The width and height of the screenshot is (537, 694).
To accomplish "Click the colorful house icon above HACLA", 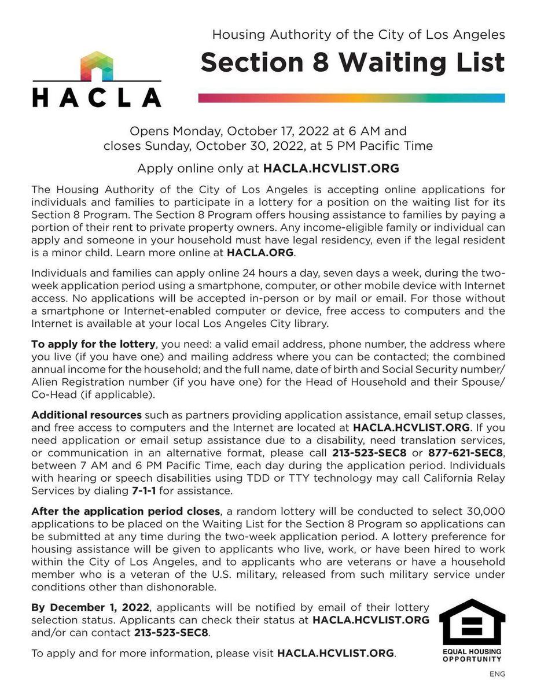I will [97, 65].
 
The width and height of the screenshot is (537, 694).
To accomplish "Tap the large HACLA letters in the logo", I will [97, 97].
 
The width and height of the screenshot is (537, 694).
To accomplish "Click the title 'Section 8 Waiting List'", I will [352, 62].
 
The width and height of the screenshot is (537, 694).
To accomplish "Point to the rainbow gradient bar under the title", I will [351, 98].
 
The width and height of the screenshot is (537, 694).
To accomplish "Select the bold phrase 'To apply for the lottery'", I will [93, 344].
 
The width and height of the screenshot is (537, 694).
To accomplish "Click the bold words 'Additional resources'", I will [86, 415].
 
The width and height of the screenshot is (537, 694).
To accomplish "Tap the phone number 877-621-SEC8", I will [462, 453].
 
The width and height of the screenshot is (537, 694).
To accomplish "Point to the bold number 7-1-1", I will [144, 490].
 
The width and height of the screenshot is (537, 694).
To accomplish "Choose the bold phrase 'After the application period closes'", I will [126, 511].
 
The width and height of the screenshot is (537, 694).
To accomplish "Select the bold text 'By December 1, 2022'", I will [91, 607].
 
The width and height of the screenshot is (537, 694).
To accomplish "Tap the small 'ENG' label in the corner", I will [497, 674].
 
